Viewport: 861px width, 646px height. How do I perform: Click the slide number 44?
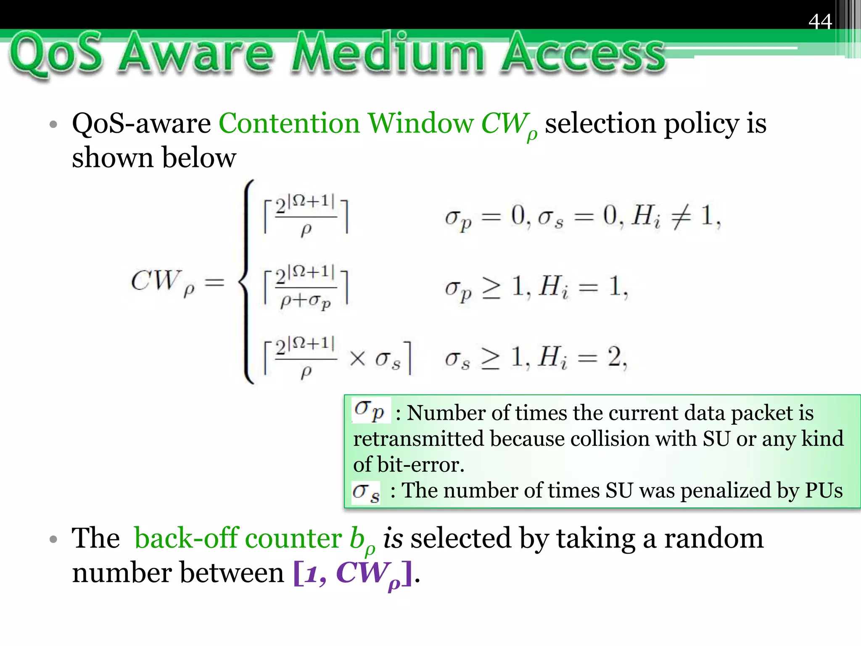[x=820, y=21]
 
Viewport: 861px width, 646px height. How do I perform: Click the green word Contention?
[x=289, y=124]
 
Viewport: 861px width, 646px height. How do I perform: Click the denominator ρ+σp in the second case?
[x=306, y=301]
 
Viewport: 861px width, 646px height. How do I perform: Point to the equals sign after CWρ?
[x=214, y=282]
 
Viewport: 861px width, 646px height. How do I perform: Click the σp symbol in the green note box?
[x=370, y=410]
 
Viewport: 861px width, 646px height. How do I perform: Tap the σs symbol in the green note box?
[x=366, y=492]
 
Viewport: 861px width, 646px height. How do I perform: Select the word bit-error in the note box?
[x=420, y=465]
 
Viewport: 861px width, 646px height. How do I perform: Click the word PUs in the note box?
[x=824, y=490]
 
